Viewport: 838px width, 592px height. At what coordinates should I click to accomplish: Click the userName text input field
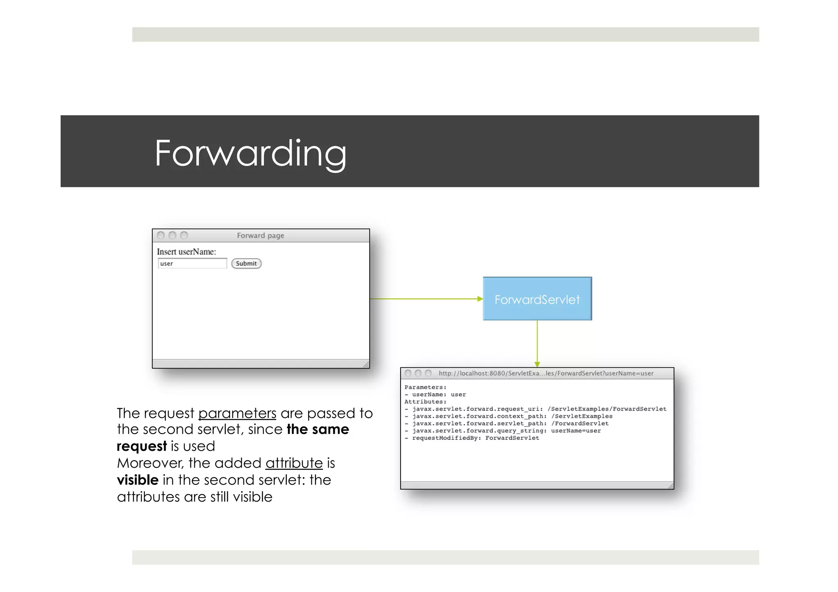tap(192, 263)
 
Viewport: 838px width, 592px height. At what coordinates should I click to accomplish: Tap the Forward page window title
tap(260, 236)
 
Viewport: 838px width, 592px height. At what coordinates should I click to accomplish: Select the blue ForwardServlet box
tap(537, 299)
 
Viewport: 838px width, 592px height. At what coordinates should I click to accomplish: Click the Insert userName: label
tap(186, 252)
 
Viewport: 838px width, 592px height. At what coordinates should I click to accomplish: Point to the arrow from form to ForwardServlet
tap(426, 299)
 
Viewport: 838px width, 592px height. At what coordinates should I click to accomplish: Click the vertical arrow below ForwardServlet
tap(537, 344)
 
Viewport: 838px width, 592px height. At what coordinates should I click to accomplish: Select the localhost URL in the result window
tap(545, 373)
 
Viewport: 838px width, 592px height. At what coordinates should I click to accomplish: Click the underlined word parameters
tap(237, 414)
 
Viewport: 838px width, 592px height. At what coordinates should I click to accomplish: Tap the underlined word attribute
tap(294, 463)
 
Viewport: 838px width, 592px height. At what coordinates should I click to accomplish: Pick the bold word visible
tap(137, 480)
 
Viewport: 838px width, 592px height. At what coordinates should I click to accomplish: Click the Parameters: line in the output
tap(425, 387)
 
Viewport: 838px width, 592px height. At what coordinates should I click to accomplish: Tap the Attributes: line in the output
tap(425, 402)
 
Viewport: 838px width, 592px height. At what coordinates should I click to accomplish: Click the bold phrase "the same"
tap(318, 430)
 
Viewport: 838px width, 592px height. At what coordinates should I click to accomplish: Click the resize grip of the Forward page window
tap(366, 365)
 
